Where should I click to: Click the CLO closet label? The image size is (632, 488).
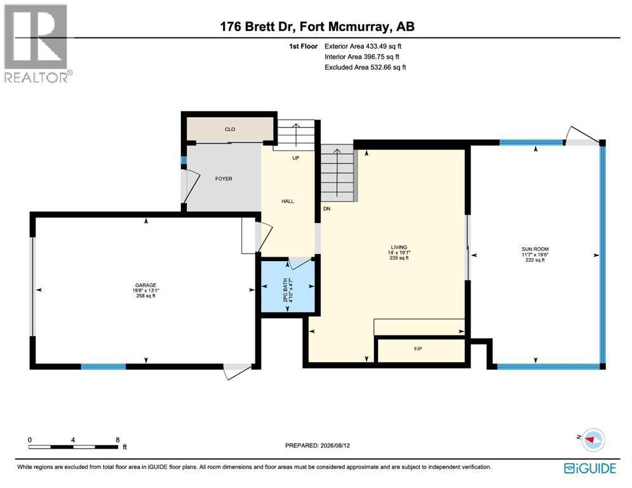[x=230, y=129]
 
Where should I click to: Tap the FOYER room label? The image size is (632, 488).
[x=224, y=179]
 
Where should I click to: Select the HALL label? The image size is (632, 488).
[x=288, y=201]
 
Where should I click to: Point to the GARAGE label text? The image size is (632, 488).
[x=146, y=285]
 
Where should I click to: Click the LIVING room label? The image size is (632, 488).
[x=399, y=247]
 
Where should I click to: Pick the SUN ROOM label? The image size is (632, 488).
[x=535, y=249]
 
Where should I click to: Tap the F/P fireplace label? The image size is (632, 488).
[x=418, y=349]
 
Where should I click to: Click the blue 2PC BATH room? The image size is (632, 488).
[x=288, y=287]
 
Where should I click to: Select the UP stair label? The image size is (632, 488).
[x=296, y=158]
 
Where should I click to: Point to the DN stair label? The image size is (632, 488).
[x=327, y=209]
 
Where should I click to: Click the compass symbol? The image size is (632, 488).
[x=593, y=440]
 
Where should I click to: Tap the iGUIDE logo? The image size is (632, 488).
[x=590, y=468]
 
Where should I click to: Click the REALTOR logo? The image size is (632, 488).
[x=37, y=44]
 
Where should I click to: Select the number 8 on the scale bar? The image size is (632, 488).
[x=118, y=440]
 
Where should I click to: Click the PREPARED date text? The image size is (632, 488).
[x=318, y=445]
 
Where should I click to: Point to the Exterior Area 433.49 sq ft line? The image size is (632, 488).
[x=363, y=46]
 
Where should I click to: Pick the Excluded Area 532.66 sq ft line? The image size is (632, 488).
[x=365, y=67]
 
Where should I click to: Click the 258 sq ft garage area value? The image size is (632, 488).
[x=146, y=296]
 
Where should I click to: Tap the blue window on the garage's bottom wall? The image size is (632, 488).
[x=104, y=367]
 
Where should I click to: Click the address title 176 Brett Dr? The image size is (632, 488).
[x=259, y=27]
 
